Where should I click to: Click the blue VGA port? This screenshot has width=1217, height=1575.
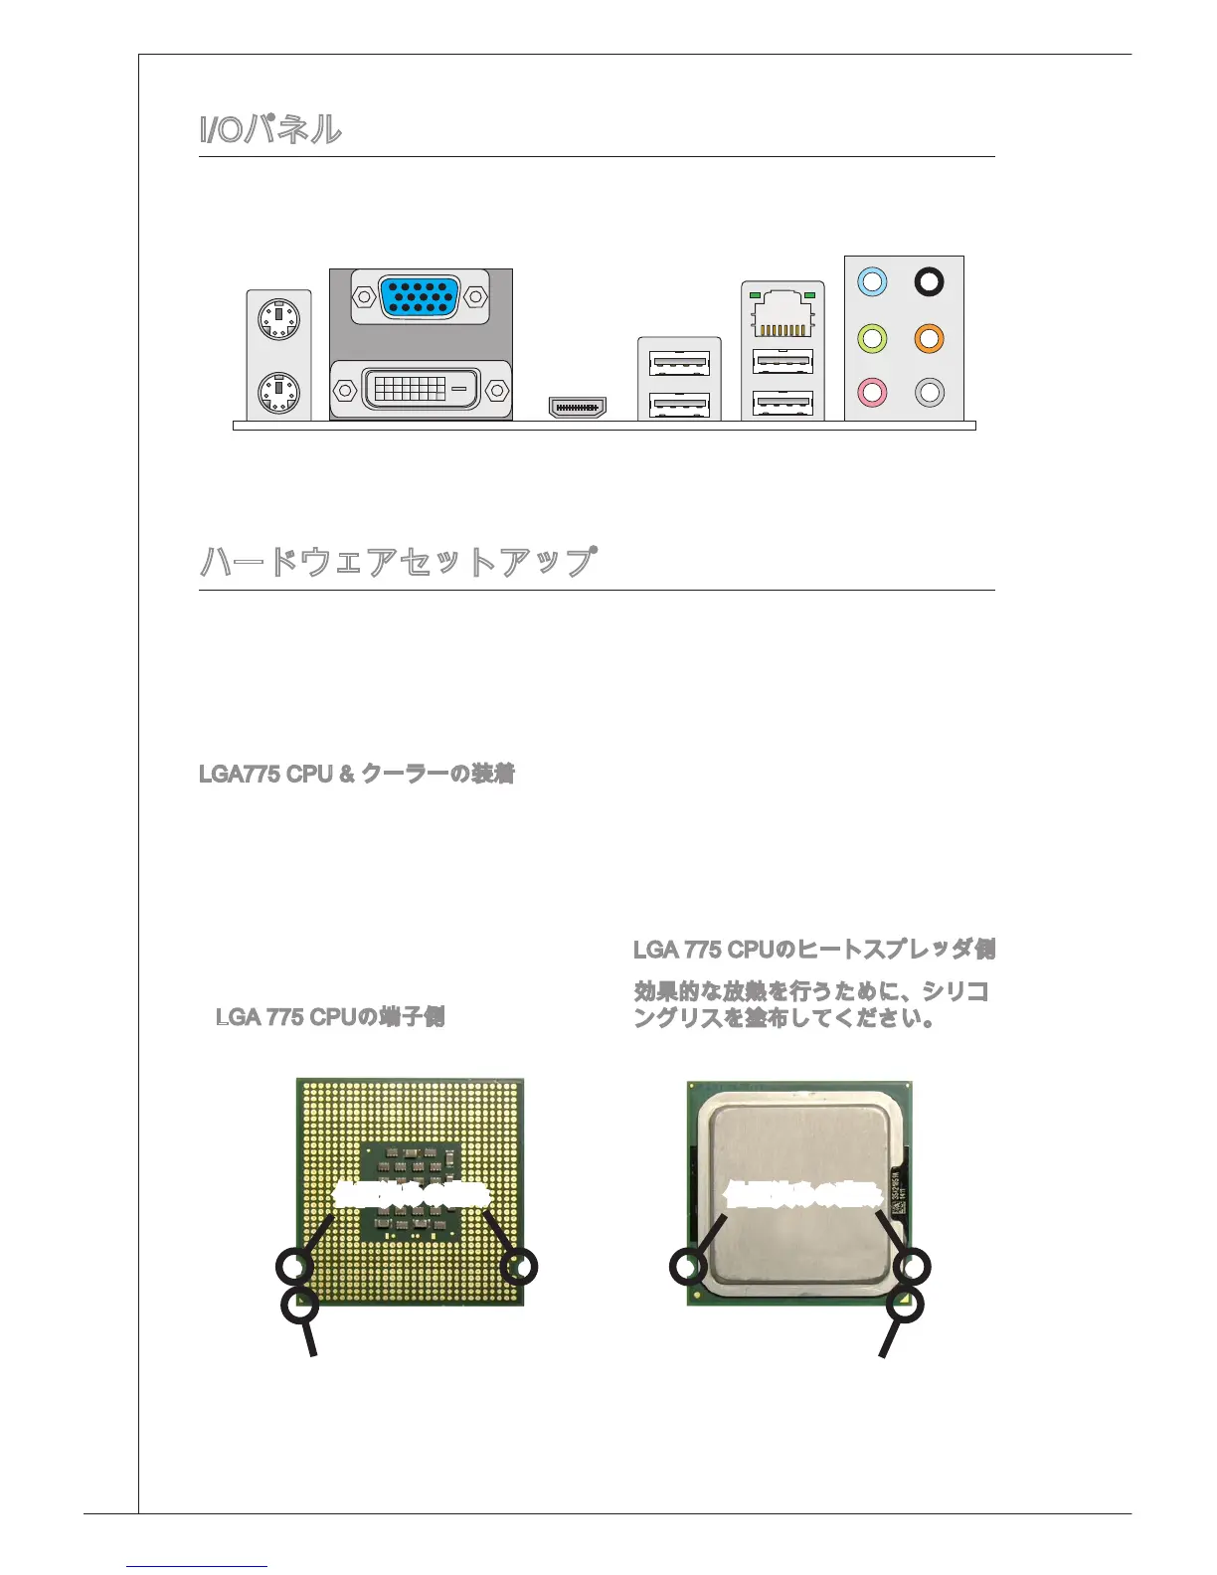tap(420, 296)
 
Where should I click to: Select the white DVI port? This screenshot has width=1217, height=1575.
tap(421, 389)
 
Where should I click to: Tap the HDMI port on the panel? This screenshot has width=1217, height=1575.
tap(578, 408)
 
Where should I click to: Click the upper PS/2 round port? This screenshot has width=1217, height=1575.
tap(278, 320)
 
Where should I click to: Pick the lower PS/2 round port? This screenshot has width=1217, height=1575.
tap(278, 392)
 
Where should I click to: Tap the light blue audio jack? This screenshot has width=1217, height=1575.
tap(872, 282)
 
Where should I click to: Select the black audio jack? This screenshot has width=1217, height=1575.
tap(929, 282)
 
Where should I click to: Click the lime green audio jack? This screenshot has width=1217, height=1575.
tap(872, 338)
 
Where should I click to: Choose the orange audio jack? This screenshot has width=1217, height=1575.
tap(929, 338)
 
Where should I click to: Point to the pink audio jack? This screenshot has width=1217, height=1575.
tap(872, 392)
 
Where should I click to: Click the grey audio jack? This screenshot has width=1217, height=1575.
tap(929, 392)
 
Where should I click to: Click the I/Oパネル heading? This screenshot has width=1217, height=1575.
tap(270, 129)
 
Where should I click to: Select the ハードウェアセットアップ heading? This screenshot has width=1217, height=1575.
tap(398, 562)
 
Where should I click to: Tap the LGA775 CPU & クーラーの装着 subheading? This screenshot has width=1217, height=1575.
tap(357, 774)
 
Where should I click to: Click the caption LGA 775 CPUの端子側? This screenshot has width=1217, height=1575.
tap(330, 1016)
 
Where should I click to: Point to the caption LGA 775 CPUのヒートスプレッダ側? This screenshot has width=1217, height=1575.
tap(814, 950)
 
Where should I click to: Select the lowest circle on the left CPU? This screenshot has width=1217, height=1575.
tap(299, 1306)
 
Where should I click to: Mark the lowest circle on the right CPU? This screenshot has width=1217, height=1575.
tap(906, 1305)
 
